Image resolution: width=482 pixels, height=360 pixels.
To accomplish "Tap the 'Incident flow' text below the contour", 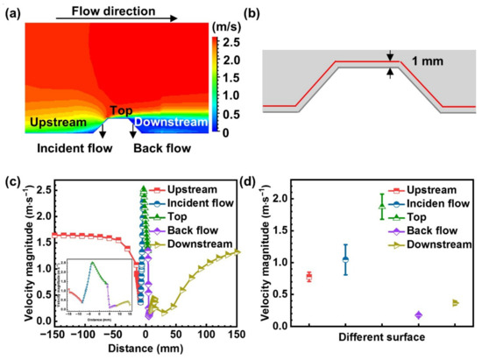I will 75,149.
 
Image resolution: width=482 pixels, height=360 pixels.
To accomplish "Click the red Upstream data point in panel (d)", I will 309,277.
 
